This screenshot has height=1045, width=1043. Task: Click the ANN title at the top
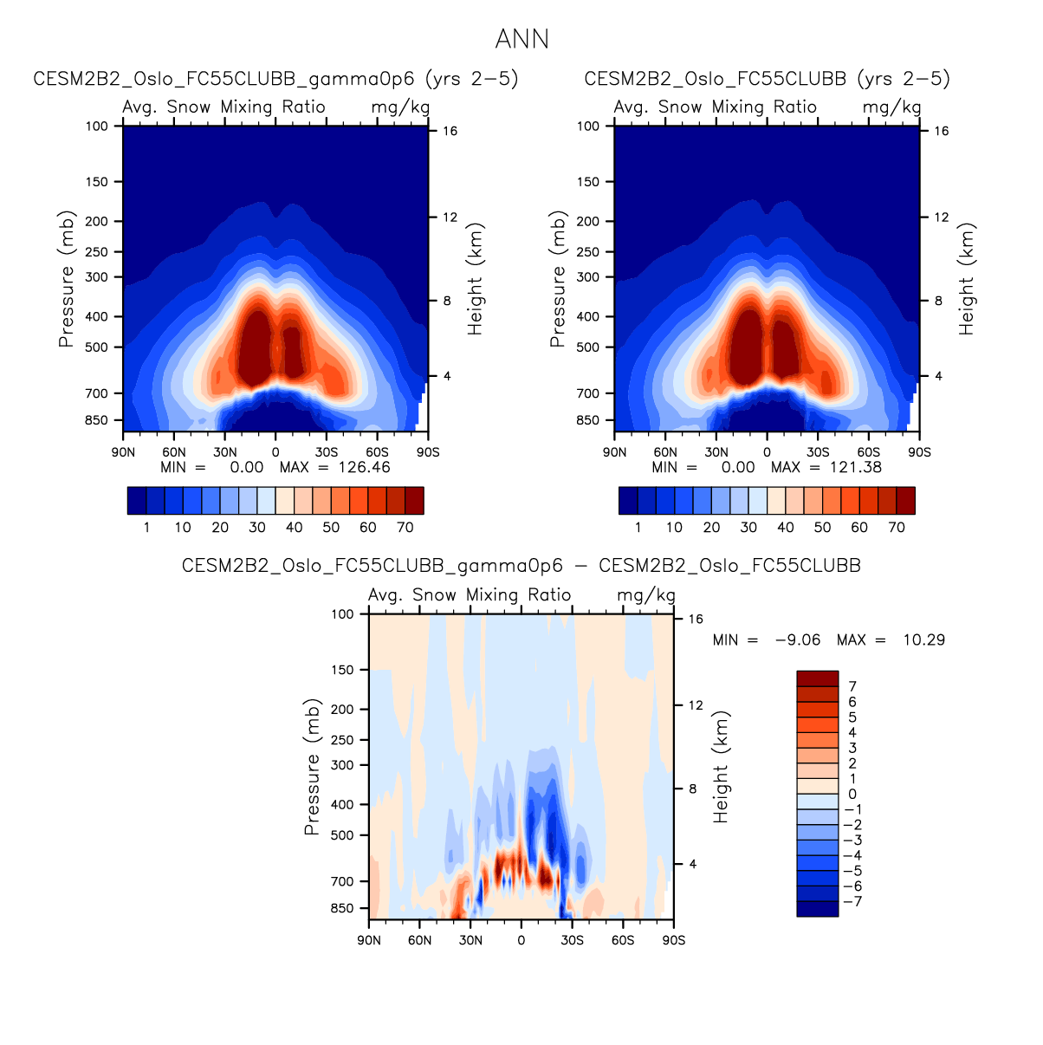(x=521, y=39)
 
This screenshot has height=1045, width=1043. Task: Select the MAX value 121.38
(x=853, y=467)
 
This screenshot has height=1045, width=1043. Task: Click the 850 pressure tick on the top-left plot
(x=97, y=420)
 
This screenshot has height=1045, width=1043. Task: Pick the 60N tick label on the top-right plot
(x=665, y=452)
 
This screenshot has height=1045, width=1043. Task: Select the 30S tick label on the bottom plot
(x=572, y=940)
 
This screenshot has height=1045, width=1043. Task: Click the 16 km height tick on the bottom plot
(x=696, y=619)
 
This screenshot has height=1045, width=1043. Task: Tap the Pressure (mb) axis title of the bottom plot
(x=312, y=767)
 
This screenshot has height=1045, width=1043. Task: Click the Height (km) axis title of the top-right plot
(x=967, y=279)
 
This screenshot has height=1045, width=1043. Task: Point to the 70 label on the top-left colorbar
(x=405, y=527)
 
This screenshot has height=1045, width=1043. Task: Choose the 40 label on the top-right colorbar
(x=786, y=527)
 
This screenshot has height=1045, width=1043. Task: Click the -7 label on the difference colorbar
(x=852, y=901)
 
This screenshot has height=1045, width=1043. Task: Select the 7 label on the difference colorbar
(x=852, y=686)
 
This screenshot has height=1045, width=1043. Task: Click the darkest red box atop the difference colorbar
(x=817, y=678)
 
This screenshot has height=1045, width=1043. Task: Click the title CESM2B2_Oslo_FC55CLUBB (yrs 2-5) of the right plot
(x=767, y=79)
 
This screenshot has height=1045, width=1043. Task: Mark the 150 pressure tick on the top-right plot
(x=588, y=182)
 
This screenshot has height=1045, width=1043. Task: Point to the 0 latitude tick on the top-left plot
(x=275, y=452)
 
